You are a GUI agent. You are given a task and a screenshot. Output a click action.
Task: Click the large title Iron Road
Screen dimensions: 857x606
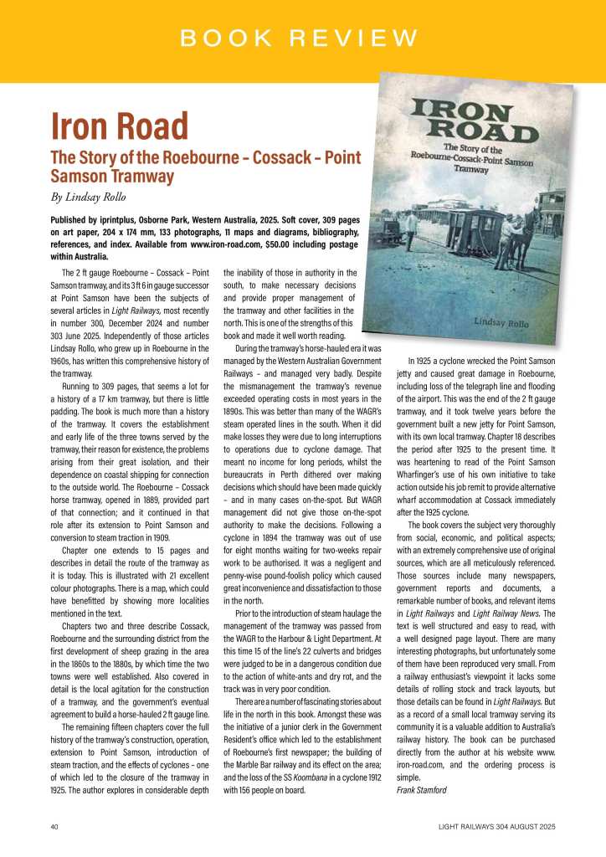(x=119, y=126)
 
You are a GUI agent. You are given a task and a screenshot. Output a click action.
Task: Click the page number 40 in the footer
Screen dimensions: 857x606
(x=54, y=827)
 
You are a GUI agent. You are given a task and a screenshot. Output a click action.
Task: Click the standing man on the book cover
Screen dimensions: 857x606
(x=412, y=226)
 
